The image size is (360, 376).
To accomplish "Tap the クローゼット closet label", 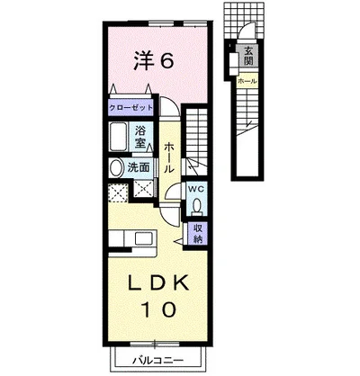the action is pyautogui.click(x=130, y=108).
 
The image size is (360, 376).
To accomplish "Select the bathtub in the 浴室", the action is pyautogui.click(x=118, y=137).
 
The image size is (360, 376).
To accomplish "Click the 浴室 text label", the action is pyautogui.click(x=140, y=137).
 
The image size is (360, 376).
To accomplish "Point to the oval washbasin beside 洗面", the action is pyautogui.click(x=116, y=168).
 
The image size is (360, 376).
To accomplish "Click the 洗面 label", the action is pyautogui.click(x=139, y=167).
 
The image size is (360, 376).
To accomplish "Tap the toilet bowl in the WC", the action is pyautogui.click(x=197, y=206).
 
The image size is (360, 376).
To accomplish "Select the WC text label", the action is pyautogui.click(x=196, y=190).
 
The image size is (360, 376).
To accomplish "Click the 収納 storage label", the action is pyautogui.click(x=197, y=234).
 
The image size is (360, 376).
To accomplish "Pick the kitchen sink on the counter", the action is pyautogui.click(x=145, y=239).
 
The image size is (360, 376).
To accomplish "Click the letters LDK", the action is pyautogui.click(x=158, y=283).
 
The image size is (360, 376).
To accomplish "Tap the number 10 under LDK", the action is pyautogui.click(x=158, y=309).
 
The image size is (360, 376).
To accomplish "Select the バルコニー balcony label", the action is pyautogui.click(x=157, y=360).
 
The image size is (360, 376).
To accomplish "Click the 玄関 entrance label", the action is pyautogui.click(x=248, y=56).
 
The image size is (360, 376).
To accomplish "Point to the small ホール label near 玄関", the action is pyautogui.click(x=247, y=81).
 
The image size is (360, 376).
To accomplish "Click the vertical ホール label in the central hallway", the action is pyautogui.click(x=169, y=157).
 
